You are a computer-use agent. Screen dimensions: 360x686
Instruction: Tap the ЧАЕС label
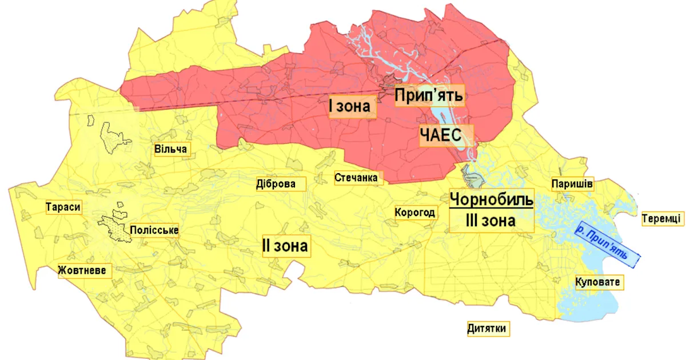coord(446,135)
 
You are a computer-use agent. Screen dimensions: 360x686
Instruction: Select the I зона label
coord(352,106)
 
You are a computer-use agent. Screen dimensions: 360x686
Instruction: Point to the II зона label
coord(285,246)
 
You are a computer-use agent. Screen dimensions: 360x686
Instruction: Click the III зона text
coord(490,220)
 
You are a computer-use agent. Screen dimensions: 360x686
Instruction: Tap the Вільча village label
coord(171,149)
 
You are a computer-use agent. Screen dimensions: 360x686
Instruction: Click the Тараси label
coord(63,207)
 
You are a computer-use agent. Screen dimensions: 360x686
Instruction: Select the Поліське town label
coord(154,231)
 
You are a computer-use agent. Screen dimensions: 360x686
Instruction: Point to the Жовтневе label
coord(82,270)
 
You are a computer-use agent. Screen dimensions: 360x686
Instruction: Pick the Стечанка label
coord(356,178)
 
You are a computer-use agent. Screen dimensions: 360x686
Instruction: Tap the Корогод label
coord(416,213)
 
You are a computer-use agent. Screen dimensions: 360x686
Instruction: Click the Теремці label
coord(661,218)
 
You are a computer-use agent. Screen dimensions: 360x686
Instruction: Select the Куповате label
coord(597,282)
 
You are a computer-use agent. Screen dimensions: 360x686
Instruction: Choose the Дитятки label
coord(487,329)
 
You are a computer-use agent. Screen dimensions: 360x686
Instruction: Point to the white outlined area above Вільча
coord(115,136)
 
